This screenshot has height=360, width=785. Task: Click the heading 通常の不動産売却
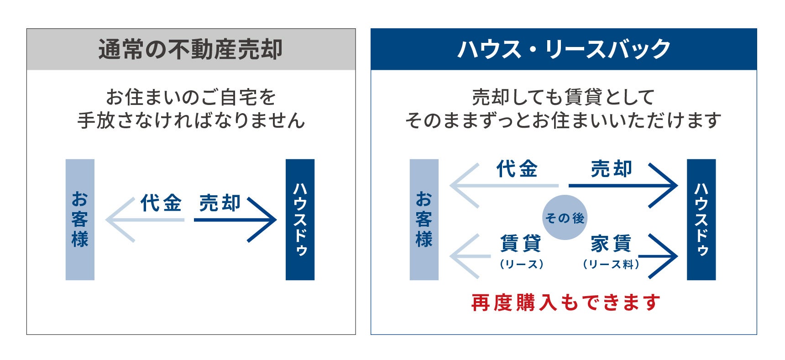(191, 49)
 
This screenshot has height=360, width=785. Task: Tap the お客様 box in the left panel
(80, 219)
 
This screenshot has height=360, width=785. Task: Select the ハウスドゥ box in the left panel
(300, 219)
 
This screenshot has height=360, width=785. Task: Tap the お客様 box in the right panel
(424, 219)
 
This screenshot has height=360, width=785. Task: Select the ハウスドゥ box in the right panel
(701, 219)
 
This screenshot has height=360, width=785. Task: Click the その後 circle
(565, 218)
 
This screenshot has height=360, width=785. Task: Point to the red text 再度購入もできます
(565, 303)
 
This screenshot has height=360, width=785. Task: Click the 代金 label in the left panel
(161, 203)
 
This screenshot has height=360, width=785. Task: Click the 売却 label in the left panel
(220, 203)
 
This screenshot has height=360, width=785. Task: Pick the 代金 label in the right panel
(517, 169)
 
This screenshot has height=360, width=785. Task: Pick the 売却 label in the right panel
(612, 169)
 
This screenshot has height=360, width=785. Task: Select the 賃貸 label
(521, 243)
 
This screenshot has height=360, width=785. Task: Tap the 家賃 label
(611, 243)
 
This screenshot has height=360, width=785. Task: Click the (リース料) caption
(611, 264)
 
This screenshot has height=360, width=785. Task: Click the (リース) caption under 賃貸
(521, 264)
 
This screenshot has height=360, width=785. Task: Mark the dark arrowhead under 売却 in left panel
(265, 220)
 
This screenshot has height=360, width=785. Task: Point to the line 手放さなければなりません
(191, 120)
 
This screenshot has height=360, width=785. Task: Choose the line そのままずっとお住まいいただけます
(563, 120)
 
